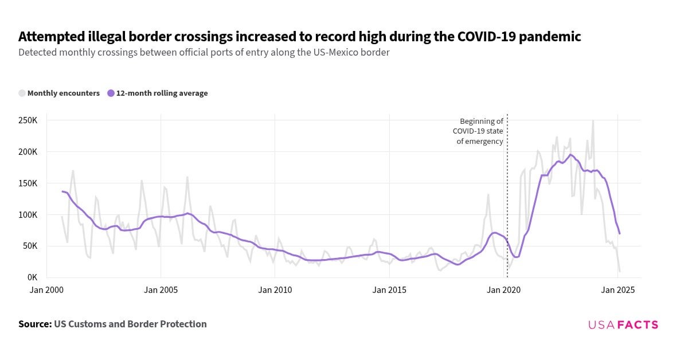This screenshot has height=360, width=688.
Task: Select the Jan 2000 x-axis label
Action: pyautogui.click(x=46, y=290)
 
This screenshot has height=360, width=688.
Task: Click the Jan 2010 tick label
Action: pyautogui.click(x=275, y=290)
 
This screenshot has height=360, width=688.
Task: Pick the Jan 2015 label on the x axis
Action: pyautogui.click(x=389, y=290)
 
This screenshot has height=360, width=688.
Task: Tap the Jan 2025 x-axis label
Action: pyautogui.click(x=617, y=290)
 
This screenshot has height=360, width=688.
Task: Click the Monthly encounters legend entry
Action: pyautogui.click(x=63, y=93)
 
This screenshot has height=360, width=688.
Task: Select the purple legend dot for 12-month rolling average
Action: pyautogui.click(x=111, y=93)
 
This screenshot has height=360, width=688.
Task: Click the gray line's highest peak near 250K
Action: pyautogui.click(x=593, y=121)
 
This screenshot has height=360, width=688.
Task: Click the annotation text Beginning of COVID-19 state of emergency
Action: pyautogui.click(x=480, y=131)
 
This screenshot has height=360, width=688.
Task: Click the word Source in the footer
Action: pyautogui.click(x=34, y=324)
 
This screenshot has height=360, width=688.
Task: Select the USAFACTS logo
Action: pyautogui.click(x=623, y=325)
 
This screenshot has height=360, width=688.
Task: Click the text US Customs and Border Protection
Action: pyautogui.click(x=130, y=324)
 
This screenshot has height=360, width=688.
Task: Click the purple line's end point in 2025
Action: pyautogui.click(x=620, y=233)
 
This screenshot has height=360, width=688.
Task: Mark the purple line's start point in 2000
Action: pyautogui.click(x=62, y=191)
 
